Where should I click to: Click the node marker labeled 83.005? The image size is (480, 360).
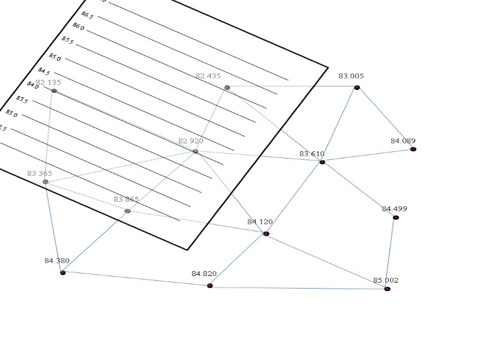click(x=357, y=88)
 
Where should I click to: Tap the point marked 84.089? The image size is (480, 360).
click(x=413, y=149)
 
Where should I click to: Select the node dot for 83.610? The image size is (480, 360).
click(x=322, y=162)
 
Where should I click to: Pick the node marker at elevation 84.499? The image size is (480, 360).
click(x=396, y=217)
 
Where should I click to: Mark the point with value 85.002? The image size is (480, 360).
click(x=388, y=289)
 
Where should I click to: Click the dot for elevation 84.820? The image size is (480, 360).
click(x=210, y=286)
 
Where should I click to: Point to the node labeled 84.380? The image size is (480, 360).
click(x=62, y=272)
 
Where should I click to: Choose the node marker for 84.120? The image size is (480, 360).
click(x=266, y=233)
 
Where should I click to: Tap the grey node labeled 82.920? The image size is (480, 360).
click(x=196, y=151)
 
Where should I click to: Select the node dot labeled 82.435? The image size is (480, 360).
click(x=227, y=88)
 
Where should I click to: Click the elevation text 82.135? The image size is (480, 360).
click(x=48, y=82)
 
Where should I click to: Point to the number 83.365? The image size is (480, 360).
click(x=40, y=173)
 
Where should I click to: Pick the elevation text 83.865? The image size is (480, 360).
click(x=126, y=199)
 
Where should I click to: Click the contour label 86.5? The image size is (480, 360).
click(x=88, y=14)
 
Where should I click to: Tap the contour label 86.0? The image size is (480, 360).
click(x=79, y=27)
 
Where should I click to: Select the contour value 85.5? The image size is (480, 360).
click(x=68, y=41)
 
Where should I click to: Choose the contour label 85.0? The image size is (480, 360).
click(x=55, y=57)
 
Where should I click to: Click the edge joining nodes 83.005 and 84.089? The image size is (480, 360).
click(x=385, y=118)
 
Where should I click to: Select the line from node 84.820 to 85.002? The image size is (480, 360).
click(x=299, y=287)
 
